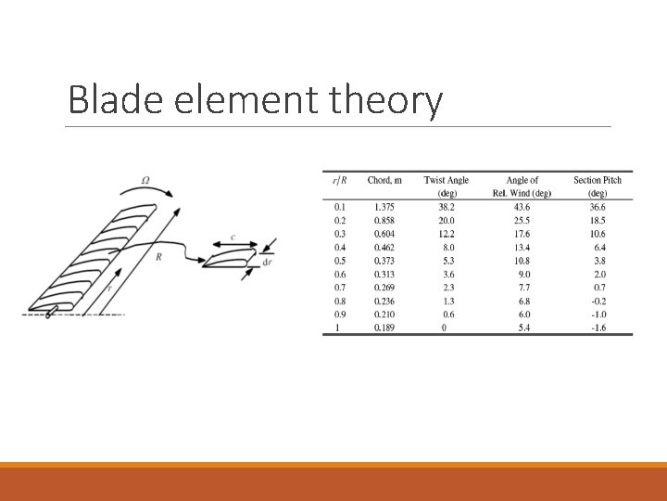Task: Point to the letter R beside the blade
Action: pos(159,255)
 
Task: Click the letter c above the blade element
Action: pos(233,238)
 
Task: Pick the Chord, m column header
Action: pos(384,180)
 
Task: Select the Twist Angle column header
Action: pos(447,180)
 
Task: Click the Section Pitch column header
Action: pos(598,180)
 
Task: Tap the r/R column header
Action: pos(339,180)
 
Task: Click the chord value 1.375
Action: pos(383,207)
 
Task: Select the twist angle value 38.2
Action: pos(447,207)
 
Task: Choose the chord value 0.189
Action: pos(383,328)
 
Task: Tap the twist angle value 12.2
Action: pos(447,234)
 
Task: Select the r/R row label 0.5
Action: pos(339,261)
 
